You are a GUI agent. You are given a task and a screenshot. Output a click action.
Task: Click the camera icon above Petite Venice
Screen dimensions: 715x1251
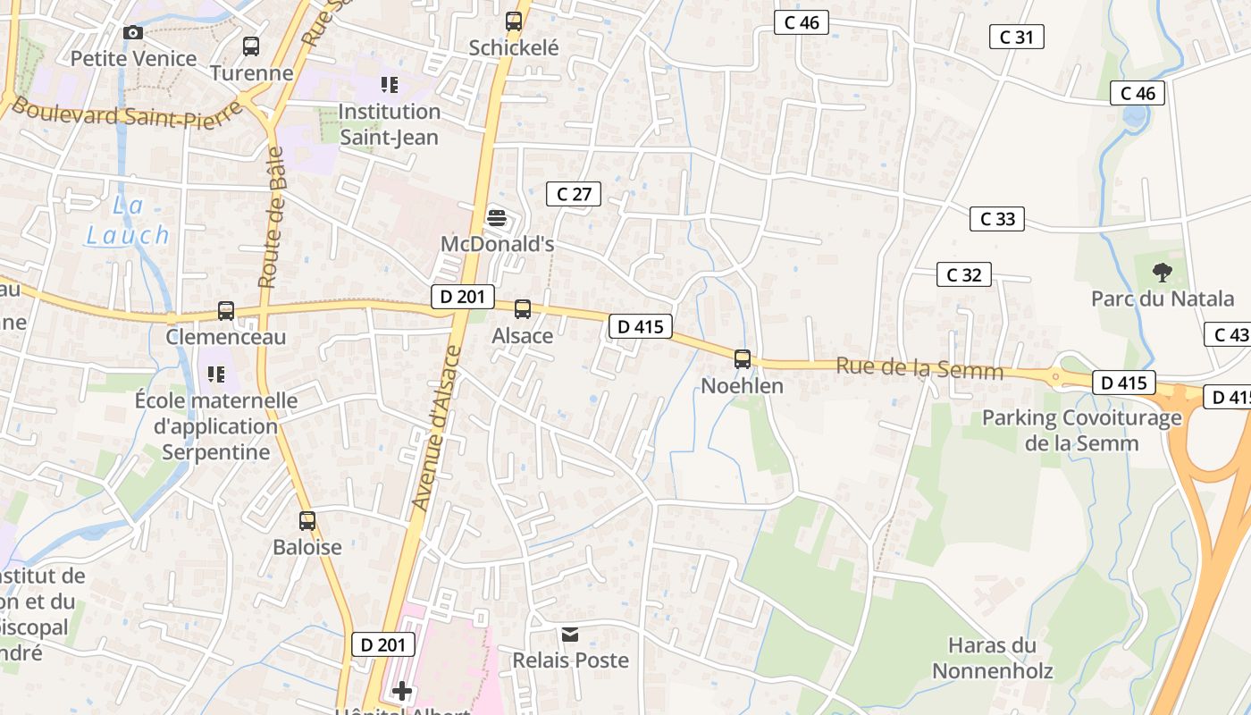pyautogui.click(x=133, y=33)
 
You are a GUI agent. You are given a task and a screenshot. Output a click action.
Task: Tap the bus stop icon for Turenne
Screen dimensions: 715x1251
pyautogui.click(x=251, y=46)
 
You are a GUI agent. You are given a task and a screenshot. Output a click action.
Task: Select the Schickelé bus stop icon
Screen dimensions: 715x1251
pyautogui.click(x=514, y=21)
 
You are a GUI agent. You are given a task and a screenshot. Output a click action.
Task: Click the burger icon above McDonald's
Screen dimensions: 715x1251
pyautogui.click(x=497, y=217)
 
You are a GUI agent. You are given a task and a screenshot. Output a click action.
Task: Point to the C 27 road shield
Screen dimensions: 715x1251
pyautogui.click(x=574, y=194)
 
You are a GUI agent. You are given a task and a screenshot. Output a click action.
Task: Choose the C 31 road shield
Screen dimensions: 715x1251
pyautogui.click(x=1017, y=37)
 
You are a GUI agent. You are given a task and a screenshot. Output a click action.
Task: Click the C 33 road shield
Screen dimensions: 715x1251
pyautogui.click(x=997, y=219)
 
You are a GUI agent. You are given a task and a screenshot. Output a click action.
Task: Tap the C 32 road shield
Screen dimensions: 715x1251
pyautogui.click(x=964, y=274)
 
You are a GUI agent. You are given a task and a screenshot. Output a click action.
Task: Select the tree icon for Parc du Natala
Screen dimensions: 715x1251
pyautogui.click(x=1162, y=273)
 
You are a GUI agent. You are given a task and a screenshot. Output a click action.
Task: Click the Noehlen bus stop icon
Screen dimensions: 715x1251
pyautogui.click(x=743, y=359)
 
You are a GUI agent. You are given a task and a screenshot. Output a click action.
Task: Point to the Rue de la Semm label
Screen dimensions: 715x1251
pyautogui.click(x=919, y=368)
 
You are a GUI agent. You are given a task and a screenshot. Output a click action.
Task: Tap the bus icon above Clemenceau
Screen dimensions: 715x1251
pyautogui.click(x=226, y=311)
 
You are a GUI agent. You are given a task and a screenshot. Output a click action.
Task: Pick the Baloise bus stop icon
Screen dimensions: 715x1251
pyautogui.click(x=307, y=520)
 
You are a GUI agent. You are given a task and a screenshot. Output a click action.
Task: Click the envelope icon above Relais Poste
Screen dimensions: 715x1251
pyautogui.click(x=570, y=635)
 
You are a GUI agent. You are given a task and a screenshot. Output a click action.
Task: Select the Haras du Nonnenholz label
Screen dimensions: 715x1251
pyautogui.click(x=992, y=658)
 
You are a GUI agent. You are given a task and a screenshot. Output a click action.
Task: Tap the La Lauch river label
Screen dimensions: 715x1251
pyautogui.click(x=128, y=221)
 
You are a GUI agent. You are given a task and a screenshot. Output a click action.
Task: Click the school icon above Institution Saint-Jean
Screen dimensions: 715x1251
pyautogui.click(x=389, y=85)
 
